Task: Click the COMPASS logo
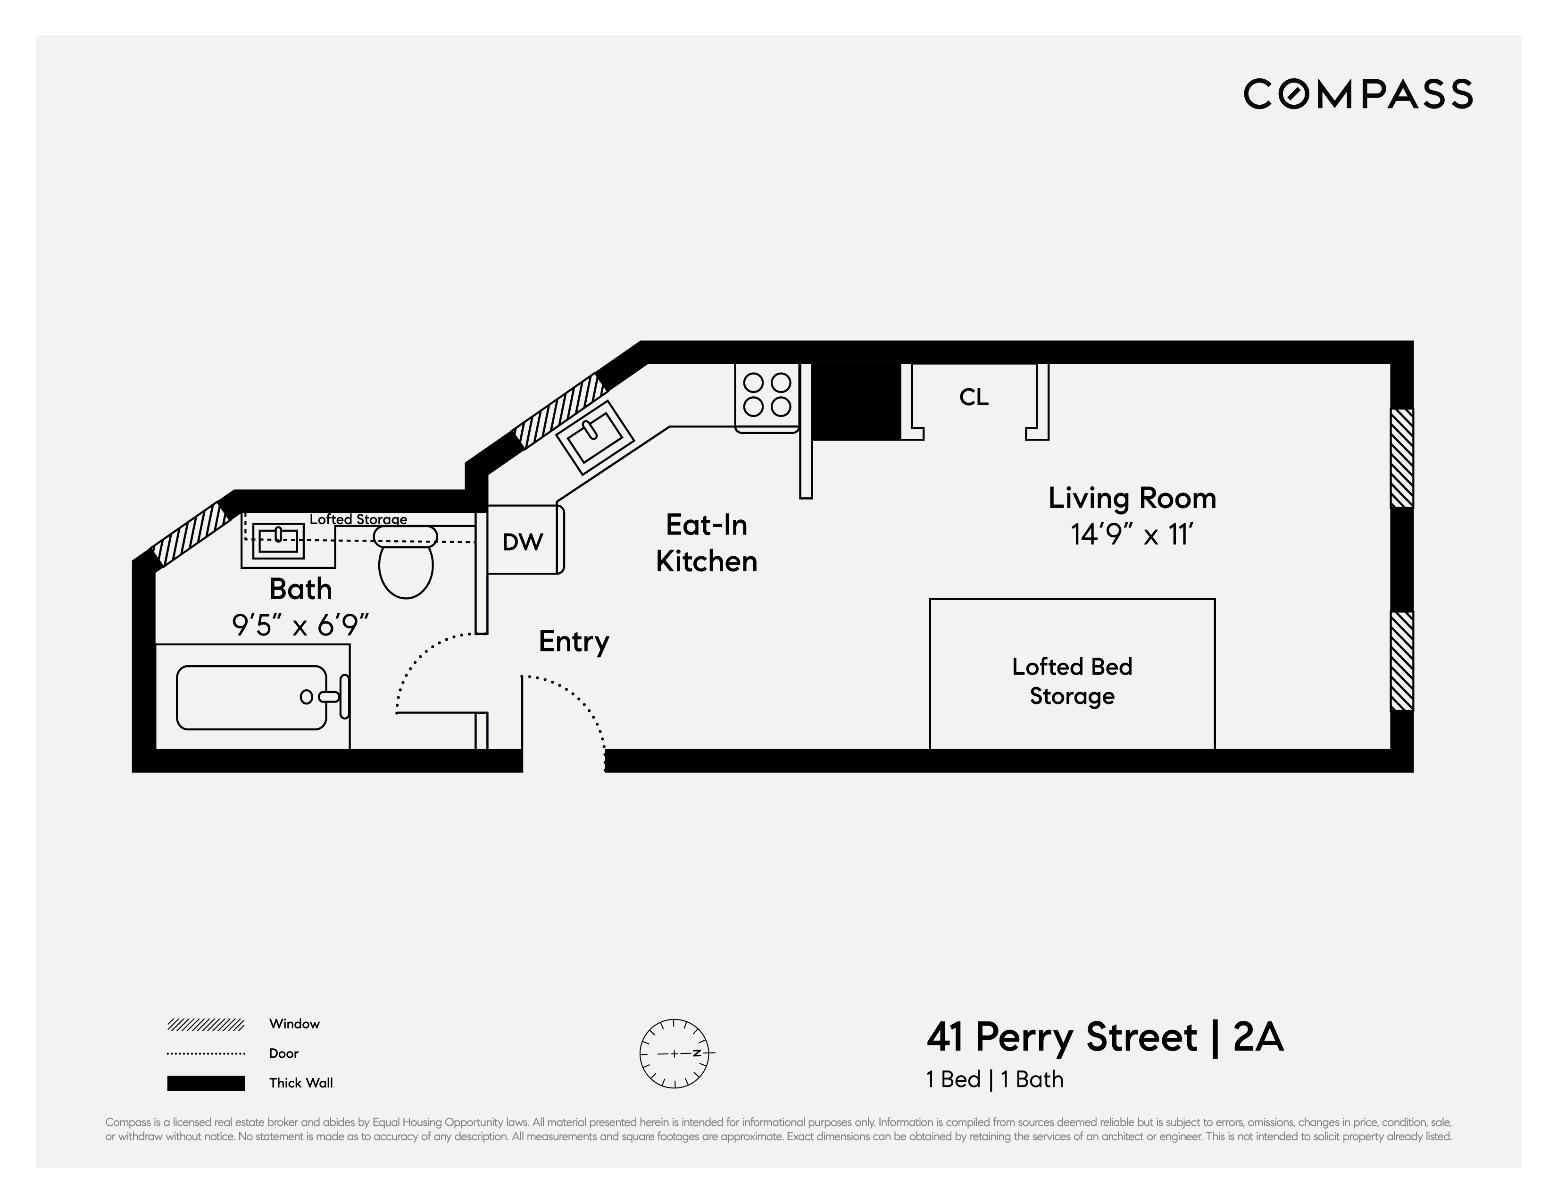coord(1357,94)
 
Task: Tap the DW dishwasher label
coord(523,542)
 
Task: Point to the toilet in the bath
coord(406,563)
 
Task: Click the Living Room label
coord(1132,498)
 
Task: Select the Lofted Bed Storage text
coord(1072,681)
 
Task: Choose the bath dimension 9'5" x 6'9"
coord(300,626)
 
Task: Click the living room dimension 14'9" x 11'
coord(1132,534)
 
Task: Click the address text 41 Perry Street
coord(1062,1037)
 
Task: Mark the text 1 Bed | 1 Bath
coord(994,1079)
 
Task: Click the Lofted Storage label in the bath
coord(358,519)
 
